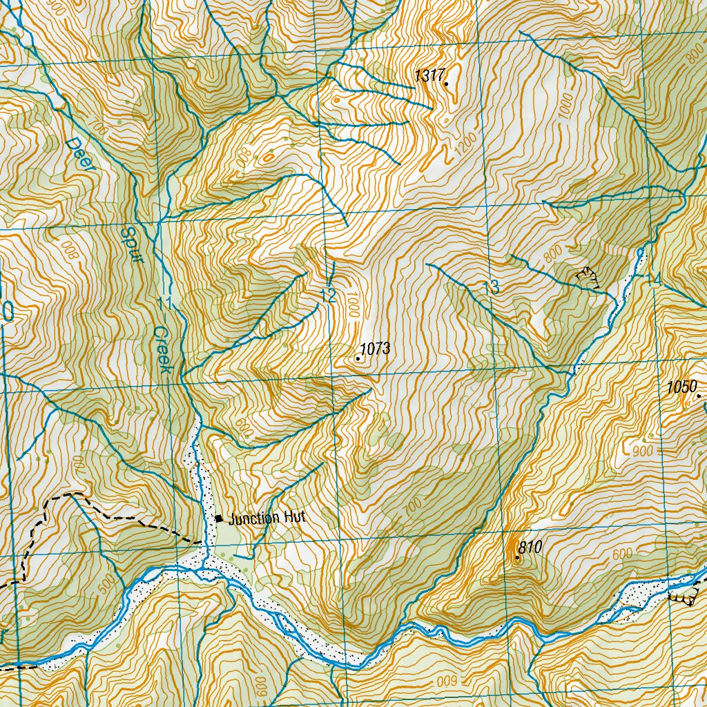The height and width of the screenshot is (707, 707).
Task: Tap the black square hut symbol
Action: coord(219,519)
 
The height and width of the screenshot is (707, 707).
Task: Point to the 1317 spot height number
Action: coord(428,76)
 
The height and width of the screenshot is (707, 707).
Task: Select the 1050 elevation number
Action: coord(682,388)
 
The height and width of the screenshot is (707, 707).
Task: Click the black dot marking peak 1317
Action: coord(446,84)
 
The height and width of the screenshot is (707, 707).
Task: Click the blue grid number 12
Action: coord(328,297)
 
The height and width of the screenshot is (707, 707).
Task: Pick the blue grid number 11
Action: coord(164,303)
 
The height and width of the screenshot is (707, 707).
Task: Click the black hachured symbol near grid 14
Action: coord(588,276)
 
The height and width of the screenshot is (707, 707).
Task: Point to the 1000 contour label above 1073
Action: coord(354,304)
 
